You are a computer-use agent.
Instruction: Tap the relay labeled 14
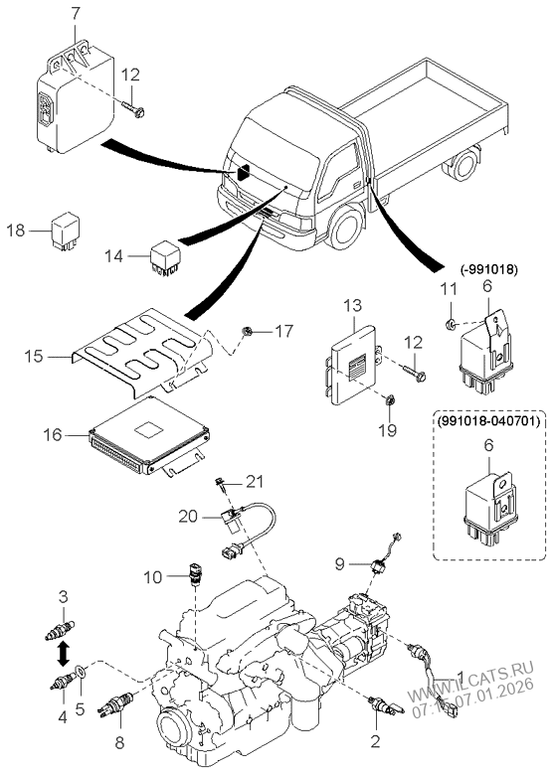pyautogui.click(x=167, y=255)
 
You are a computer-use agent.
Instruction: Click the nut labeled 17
pyautogui.click(x=248, y=330)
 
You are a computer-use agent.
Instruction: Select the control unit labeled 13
pyautogui.click(x=353, y=370)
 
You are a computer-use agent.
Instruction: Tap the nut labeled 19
pyautogui.click(x=390, y=400)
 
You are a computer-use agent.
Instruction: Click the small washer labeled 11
pyautogui.click(x=451, y=324)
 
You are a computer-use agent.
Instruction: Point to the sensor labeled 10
pyautogui.click(x=194, y=575)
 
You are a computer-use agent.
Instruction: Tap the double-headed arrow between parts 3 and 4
pyautogui.click(x=63, y=653)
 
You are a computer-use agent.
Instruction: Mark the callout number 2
pyautogui.click(x=375, y=741)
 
